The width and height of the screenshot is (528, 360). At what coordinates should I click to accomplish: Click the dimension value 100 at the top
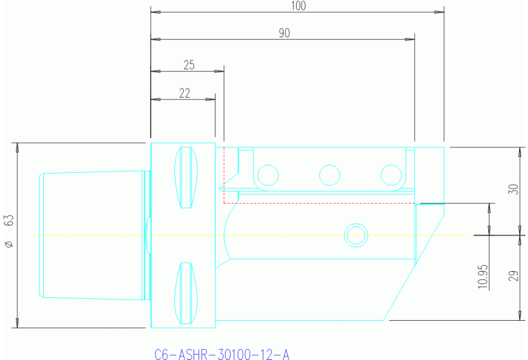click(x=297, y=6)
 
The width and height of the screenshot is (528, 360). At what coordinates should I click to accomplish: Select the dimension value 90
click(x=284, y=32)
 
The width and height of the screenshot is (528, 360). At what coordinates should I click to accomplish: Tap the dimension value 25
click(x=189, y=65)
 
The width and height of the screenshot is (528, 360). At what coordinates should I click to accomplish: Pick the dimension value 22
click(x=184, y=93)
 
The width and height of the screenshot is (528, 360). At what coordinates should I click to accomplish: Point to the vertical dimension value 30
click(x=513, y=189)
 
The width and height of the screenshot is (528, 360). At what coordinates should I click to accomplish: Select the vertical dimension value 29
click(x=513, y=277)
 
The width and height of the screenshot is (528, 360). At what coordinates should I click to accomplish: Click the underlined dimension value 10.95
click(x=483, y=274)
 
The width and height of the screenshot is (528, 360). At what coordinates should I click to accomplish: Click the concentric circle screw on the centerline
click(x=356, y=235)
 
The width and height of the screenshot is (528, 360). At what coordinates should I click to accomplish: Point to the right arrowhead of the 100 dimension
click(x=439, y=12)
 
